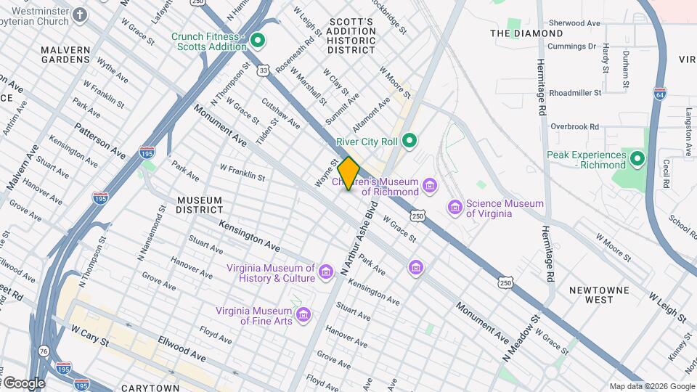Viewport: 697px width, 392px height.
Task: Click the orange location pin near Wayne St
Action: (348, 173)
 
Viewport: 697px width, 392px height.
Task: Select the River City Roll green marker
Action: (409, 141)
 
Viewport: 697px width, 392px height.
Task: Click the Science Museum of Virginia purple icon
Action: (455, 208)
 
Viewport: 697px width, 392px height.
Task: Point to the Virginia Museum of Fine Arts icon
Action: (303, 316)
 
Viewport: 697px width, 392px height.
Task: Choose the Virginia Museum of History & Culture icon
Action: (326, 272)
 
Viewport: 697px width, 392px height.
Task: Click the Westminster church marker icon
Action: (81, 14)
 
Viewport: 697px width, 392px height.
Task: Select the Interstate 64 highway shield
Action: (659, 94)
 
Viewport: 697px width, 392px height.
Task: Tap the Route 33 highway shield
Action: (263, 70)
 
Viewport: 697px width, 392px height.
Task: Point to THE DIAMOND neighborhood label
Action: (526, 33)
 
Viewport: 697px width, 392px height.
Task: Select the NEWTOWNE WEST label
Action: (595, 295)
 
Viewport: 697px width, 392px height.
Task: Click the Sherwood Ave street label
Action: (575, 23)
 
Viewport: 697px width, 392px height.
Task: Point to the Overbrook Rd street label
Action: (575, 126)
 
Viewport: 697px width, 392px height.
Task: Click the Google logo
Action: (23, 383)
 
